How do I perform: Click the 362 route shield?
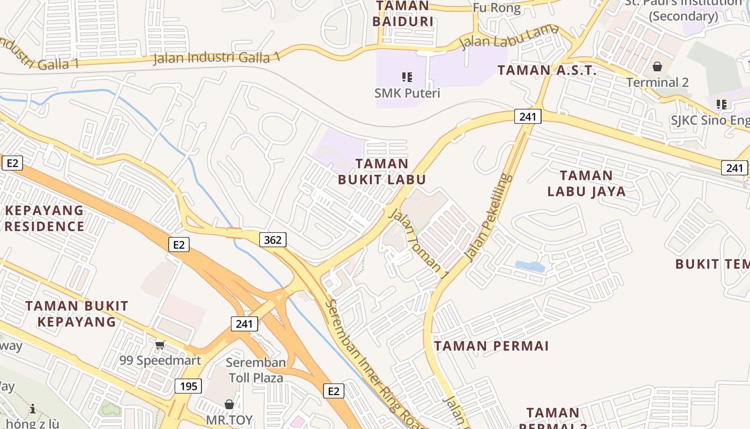point(273,240)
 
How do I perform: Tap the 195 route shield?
point(188,386)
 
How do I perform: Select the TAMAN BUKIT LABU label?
point(382,172)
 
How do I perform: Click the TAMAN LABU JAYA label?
point(586,183)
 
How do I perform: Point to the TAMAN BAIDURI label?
point(403,14)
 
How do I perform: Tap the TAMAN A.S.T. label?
point(547,70)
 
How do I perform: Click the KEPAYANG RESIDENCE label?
point(44,218)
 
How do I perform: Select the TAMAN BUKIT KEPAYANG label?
point(77,314)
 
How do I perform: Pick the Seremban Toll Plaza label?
point(257,370)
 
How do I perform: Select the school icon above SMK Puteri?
point(407,77)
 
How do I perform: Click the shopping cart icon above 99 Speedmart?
point(160,345)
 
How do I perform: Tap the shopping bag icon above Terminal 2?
point(657,67)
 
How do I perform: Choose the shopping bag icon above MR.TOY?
point(229,404)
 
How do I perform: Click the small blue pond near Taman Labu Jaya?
point(529,266)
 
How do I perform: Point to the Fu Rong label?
point(497,8)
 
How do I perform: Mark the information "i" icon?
point(33,409)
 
